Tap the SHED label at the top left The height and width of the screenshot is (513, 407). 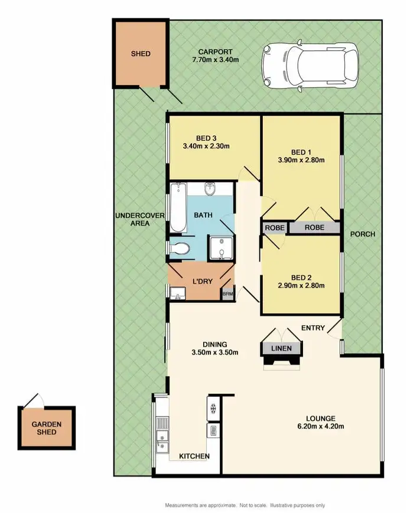[x=141, y=54]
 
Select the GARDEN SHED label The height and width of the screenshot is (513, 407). [x=47, y=428]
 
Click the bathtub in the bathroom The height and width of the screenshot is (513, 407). [x=178, y=208]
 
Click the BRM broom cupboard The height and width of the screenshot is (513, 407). [x=227, y=293]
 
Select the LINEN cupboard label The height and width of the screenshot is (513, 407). [x=281, y=348]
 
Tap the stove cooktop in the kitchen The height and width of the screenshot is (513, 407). [x=212, y=407]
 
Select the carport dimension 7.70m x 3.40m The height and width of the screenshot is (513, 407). [x=215, y=60]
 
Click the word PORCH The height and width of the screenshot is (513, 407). [x=362, y=234]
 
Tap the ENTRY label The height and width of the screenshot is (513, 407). [x=312, y=328]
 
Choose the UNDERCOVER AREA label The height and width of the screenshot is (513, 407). [x=132, y=220]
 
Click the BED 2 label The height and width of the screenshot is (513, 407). [x=301, y=277]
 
